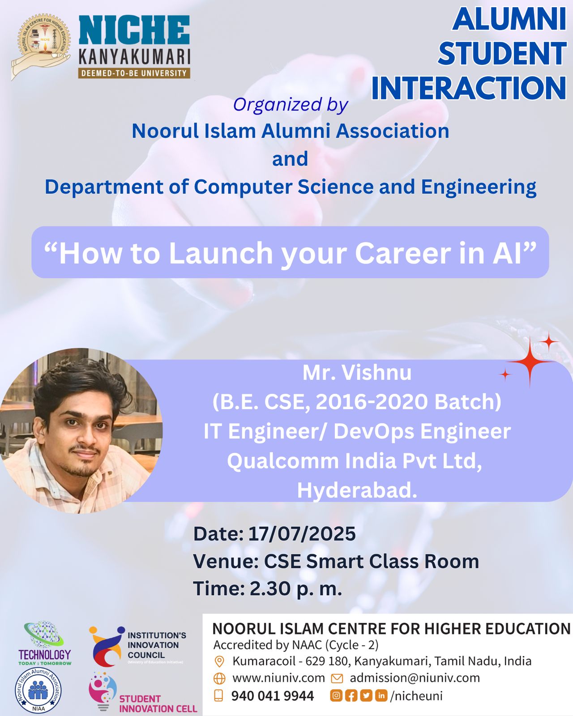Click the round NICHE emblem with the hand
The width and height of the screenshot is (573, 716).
pyautogui.click(x=41, y=46)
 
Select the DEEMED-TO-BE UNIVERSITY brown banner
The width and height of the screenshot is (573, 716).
pyautogui.click(x=134, y=73)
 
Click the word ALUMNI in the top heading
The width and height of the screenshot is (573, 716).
pyautogui.click(x=509, y=19)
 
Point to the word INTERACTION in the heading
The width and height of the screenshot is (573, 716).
pyautogui.click(x=469, y=88)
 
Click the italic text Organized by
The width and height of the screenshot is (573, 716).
pyautogui.click(x=291, y=105)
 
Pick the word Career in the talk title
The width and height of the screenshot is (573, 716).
pyautogui.click(x=403, y=254)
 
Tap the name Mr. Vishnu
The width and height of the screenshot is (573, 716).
pyautogui.click(x=357, y=373)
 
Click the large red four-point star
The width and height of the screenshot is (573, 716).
pyautogui.click(x=530, y=361)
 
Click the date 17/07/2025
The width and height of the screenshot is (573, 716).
pyautogui.click(x=302, y=534)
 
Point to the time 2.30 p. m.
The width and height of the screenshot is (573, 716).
pyautogui.click(x=296, y=588)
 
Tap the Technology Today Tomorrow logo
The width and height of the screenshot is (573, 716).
pyautogui.click(x=45, y=643)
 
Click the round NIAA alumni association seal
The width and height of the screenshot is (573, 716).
pyautogui.click(x=38, y=690)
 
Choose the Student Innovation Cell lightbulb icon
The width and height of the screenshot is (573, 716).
pyautogui.click(x=102, y=691)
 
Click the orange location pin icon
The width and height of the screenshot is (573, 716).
pyautogui.click(x=219, y=661)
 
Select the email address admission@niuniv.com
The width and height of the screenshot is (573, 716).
pyautogui.click(x=415, y=678)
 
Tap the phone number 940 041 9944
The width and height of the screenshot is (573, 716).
pyautogui.click(x=272, y=696)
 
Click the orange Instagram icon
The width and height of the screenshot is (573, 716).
pyautogui.click(x=336, y=695)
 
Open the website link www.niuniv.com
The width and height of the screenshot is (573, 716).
pyautogui.click(x=278, y=678)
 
